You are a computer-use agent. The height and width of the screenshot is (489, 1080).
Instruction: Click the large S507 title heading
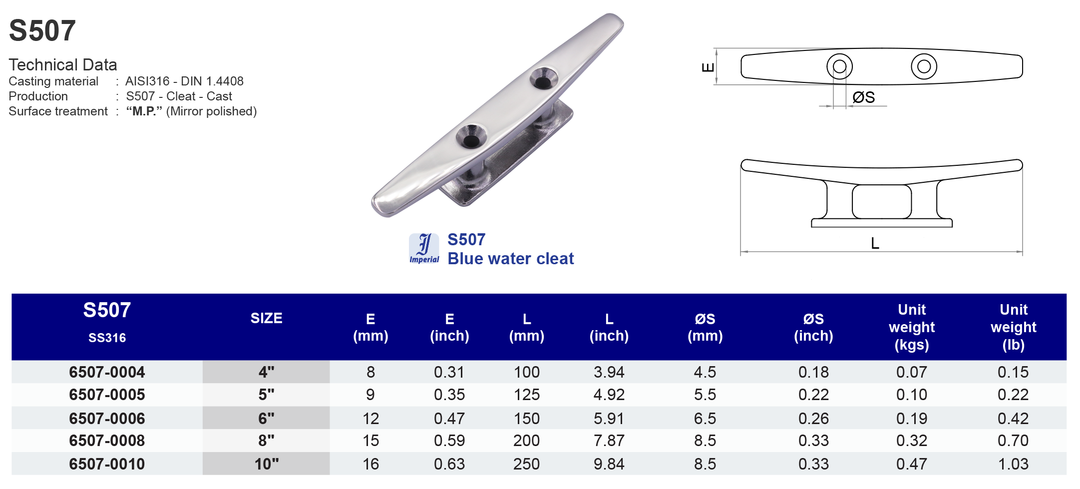coord(42,30)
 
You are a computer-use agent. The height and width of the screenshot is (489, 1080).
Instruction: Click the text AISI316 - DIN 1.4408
coord(184,81)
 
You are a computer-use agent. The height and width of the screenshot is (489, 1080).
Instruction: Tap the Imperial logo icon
coord(424,248)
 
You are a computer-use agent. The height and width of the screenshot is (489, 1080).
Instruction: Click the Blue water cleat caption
coord(510,259)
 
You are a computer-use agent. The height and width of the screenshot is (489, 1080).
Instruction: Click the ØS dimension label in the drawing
coord(863,97)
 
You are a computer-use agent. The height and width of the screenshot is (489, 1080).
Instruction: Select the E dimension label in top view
coord(708,67)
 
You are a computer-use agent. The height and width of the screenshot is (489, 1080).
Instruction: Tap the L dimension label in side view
coord(875,244)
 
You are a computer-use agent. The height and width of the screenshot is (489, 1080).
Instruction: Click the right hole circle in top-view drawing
coord(924,66)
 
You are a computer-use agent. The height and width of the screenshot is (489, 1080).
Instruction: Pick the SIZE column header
coord(266,318)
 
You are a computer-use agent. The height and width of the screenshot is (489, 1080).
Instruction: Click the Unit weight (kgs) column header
coord(912,327)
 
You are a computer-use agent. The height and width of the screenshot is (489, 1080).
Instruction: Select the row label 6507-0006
coord(107,419)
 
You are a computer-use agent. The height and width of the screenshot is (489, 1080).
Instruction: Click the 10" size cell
coord(266,464)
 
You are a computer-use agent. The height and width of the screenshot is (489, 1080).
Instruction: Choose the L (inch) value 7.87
coord(609,441)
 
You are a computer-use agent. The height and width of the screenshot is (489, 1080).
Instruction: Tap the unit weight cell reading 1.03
coord(1013,464)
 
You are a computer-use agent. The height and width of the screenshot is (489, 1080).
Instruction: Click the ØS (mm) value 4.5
coord(705,372)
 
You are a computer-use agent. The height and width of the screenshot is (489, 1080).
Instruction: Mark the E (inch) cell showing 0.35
coord(449,395)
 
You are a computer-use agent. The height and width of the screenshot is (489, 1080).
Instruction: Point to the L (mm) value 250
coord(526,464)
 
